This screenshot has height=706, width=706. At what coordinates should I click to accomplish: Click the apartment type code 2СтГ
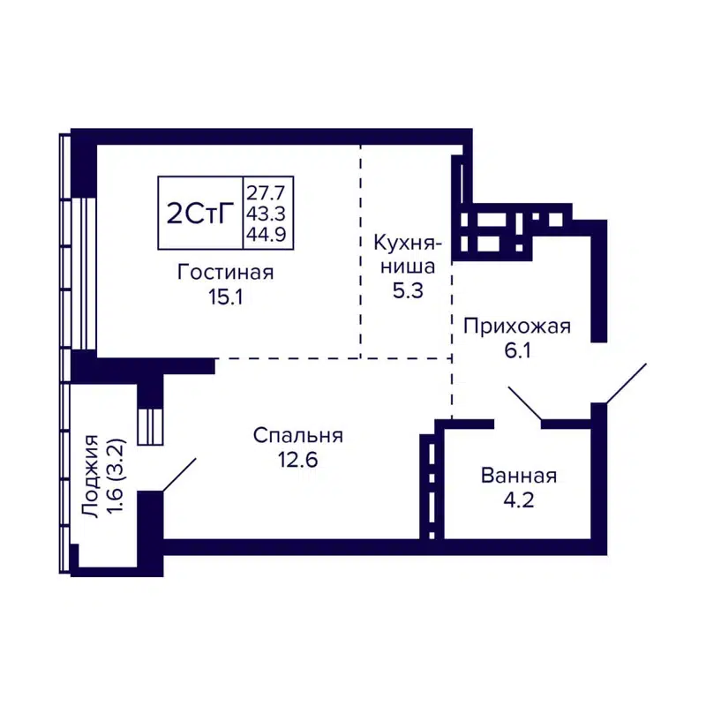click(x=199, y=214)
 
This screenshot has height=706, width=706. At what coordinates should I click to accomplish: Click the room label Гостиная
click(x=226, y=273)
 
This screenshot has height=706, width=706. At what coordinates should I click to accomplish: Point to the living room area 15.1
click(x=226, y=297)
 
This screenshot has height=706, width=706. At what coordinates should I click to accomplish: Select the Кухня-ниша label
click(x=407, y=253)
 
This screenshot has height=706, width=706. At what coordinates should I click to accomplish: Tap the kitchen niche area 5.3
click(x=407, y=290)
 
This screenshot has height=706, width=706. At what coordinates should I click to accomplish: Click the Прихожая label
click(x=517, y=327)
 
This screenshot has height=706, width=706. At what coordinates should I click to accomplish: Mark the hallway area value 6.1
click(x=517, y=351)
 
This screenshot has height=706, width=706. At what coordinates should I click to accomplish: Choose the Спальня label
click(x=297, y=435)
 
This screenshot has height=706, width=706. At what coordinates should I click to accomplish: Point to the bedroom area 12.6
click(x=297, y=460)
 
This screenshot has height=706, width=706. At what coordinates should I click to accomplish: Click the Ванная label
click(x=519, y=477)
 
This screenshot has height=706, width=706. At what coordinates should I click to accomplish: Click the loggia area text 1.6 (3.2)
click(x=113, y=477)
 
